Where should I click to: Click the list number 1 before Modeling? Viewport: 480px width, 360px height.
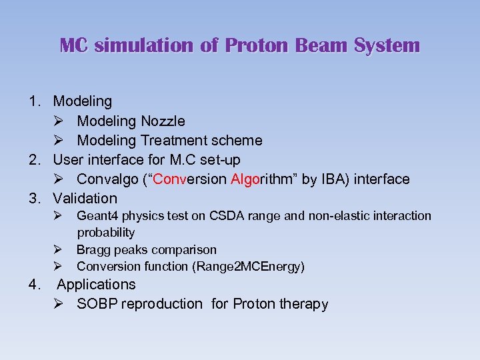[x=33, y=101]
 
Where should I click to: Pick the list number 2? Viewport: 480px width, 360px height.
[x=33, y=160]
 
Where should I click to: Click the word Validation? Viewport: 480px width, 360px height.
[x=85, y=199]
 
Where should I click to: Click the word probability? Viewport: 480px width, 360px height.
[x=106, y=233]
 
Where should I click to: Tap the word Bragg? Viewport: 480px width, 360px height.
[x=94, y=250]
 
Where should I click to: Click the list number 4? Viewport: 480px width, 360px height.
[x=33, y=285]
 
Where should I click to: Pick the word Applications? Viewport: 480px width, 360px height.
[x=96, y=285]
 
